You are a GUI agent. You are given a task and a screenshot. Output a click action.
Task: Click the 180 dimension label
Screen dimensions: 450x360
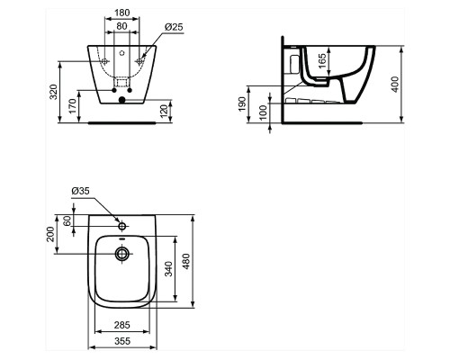pyautogui.click(x=121, y=13)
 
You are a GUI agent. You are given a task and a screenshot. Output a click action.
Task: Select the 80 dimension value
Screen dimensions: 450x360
pyautogui.click(x=121, y=26)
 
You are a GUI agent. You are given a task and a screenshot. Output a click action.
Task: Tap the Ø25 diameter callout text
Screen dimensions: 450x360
pyautogui.click(x=174, y=27)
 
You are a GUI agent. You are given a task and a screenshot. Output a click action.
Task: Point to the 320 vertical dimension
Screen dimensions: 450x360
pyautogui.click(x=54, y=92)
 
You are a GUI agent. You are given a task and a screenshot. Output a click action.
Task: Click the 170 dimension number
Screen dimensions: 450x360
pyautogui.click(x=74, y=106)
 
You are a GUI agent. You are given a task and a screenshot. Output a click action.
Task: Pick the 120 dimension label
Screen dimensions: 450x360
pyautogui.click(x=164, y=112)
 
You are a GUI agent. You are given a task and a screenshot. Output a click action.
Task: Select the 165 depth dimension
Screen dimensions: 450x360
pyautogui.click(x=321, y=61)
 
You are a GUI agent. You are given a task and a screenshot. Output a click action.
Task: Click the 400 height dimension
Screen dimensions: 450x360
pyautogui.click(x=395, y=85)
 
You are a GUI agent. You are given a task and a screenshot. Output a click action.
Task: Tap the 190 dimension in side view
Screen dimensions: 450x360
pyautogui.click(x=242, y=103)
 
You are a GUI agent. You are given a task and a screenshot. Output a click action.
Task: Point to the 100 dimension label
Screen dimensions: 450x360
pyautogui.click(x=263, y=112)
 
